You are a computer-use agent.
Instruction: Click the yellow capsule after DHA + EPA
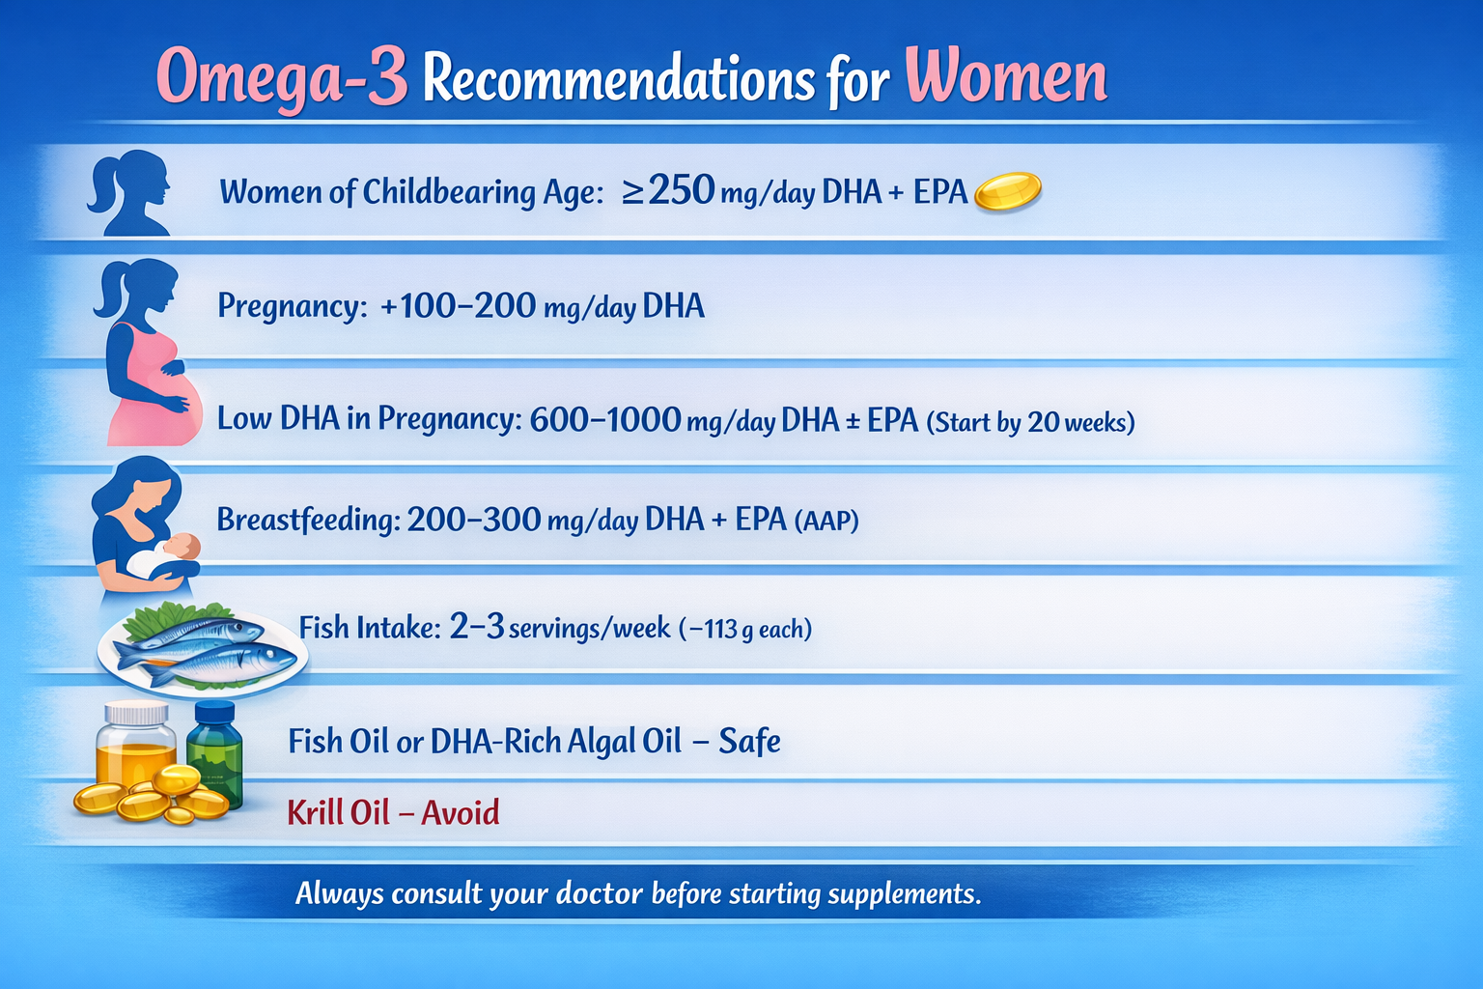click(1008, 191)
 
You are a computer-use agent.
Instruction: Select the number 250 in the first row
click(682, 190)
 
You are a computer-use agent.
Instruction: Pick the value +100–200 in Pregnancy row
click(458, 306)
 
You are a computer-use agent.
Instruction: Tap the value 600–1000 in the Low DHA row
click(605, 419)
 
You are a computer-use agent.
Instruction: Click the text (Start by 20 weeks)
click(1030, 422)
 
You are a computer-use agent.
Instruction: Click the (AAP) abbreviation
click(826, 522)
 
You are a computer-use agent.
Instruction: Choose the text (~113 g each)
click(745, 630)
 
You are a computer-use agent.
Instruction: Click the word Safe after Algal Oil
click(749, 742)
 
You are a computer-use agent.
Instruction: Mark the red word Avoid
click(461, 812)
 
